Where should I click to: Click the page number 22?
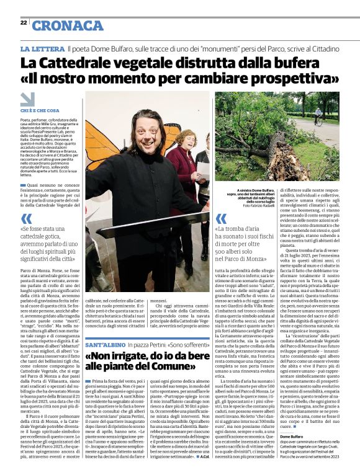point(24,22)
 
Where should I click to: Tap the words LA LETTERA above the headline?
point(42,48)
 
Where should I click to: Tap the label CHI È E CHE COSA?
point(40,111)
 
